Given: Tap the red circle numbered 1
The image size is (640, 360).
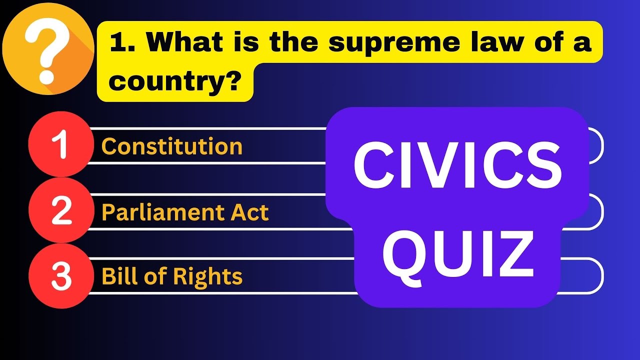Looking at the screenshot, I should click(x=61, y=145).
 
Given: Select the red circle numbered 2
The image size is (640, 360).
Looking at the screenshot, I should click(x=61, y=211).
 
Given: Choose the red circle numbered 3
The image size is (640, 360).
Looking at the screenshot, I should click(x=61, y=276).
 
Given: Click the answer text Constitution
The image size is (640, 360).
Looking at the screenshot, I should click(x=172, y=146).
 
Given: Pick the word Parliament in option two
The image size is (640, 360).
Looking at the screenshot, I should click(x=154, y=213).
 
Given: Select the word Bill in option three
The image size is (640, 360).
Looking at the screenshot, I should click(x=116, y=276).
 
